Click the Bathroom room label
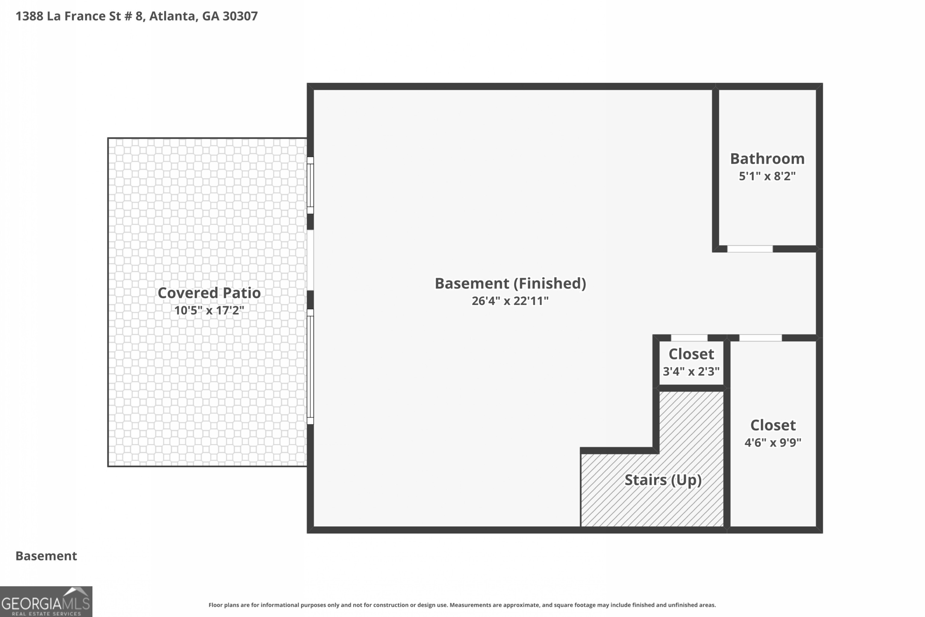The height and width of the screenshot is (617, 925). (767, 158)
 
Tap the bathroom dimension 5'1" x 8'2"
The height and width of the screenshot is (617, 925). (767, 176)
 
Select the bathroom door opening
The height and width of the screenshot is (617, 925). (749, 249)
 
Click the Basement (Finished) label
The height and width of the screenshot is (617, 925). (510, 283)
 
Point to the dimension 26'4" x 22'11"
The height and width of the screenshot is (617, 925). (510, 301)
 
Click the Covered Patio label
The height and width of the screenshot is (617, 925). (209, 293)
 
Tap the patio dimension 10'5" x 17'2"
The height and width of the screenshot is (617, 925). (209, 311)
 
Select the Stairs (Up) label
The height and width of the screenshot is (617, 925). (663, 480)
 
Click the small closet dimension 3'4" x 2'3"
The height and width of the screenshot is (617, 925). (691, 371)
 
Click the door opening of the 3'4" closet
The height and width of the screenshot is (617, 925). (689, 338)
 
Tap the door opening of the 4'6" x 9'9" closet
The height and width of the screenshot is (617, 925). (760, 338)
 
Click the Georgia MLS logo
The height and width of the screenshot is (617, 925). (46, 601)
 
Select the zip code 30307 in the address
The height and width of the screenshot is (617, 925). (240, 16)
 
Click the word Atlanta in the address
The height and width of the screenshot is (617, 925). (172, 16)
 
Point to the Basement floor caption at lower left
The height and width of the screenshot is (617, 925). (46, 556)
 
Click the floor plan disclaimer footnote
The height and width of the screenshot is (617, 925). (462, 605)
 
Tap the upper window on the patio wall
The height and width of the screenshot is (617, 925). (310, 185)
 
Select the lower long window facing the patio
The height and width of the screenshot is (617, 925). (310, 366)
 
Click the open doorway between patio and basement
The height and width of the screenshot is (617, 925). (310, 260)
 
